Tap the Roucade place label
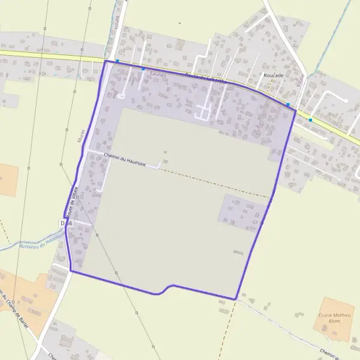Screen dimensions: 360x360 pos(273,76)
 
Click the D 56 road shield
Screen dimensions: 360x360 pos(67,223)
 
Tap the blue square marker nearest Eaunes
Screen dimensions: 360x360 pos(143,69)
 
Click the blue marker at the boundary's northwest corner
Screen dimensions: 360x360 pos(118,61)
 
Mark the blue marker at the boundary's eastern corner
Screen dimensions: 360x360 pos(289,104)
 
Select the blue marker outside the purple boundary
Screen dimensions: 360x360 pos(310,119)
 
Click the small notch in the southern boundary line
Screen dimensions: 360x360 pos(165,289)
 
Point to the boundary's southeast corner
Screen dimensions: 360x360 pos(236,298)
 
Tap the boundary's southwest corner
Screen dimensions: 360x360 pos(71,271)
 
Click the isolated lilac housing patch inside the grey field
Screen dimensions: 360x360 pos(240,212)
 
